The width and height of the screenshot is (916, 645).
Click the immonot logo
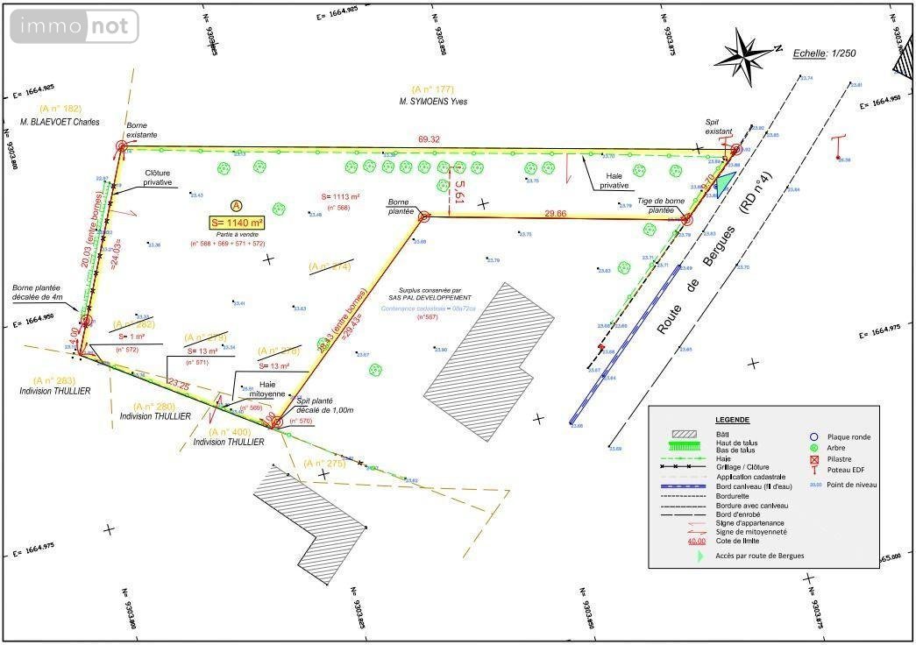(75, 27)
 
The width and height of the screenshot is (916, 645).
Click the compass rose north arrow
(744, 54)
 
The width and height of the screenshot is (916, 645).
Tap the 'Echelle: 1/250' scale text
(824, 53)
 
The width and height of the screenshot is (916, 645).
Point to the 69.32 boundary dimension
(429, 139)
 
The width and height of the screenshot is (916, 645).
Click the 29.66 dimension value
(555, 213)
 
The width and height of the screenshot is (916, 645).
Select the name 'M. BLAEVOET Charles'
(61, 122)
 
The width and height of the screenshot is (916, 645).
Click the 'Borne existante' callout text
(142, 131)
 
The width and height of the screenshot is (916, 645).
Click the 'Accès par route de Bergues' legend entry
(759, 556)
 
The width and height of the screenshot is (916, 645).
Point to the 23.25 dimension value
(178, 385)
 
